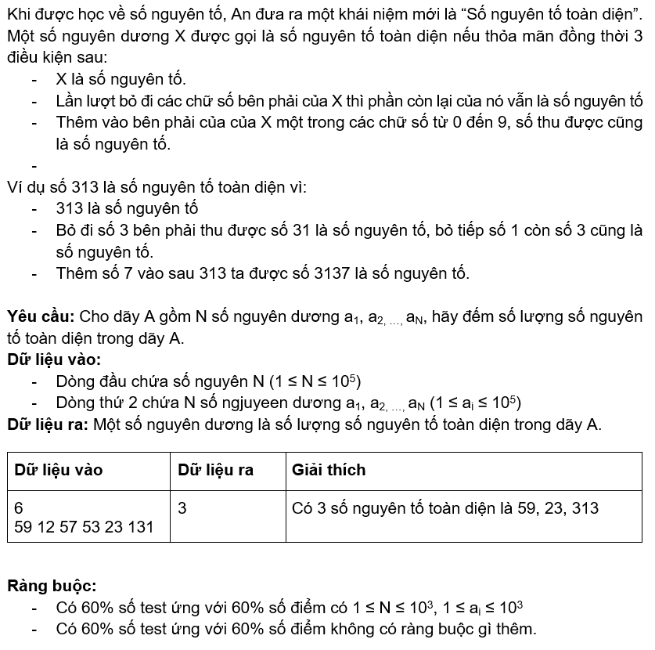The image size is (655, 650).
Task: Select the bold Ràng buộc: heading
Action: point(52,586)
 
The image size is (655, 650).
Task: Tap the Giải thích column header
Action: point(329,470)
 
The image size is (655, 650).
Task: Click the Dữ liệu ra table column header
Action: point(215,470)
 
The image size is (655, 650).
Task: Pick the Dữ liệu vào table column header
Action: point(59,470)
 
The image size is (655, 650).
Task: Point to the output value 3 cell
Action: point(182,508)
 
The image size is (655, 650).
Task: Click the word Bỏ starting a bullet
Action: point(67,230)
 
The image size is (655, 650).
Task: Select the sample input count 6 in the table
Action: point(19,508)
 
